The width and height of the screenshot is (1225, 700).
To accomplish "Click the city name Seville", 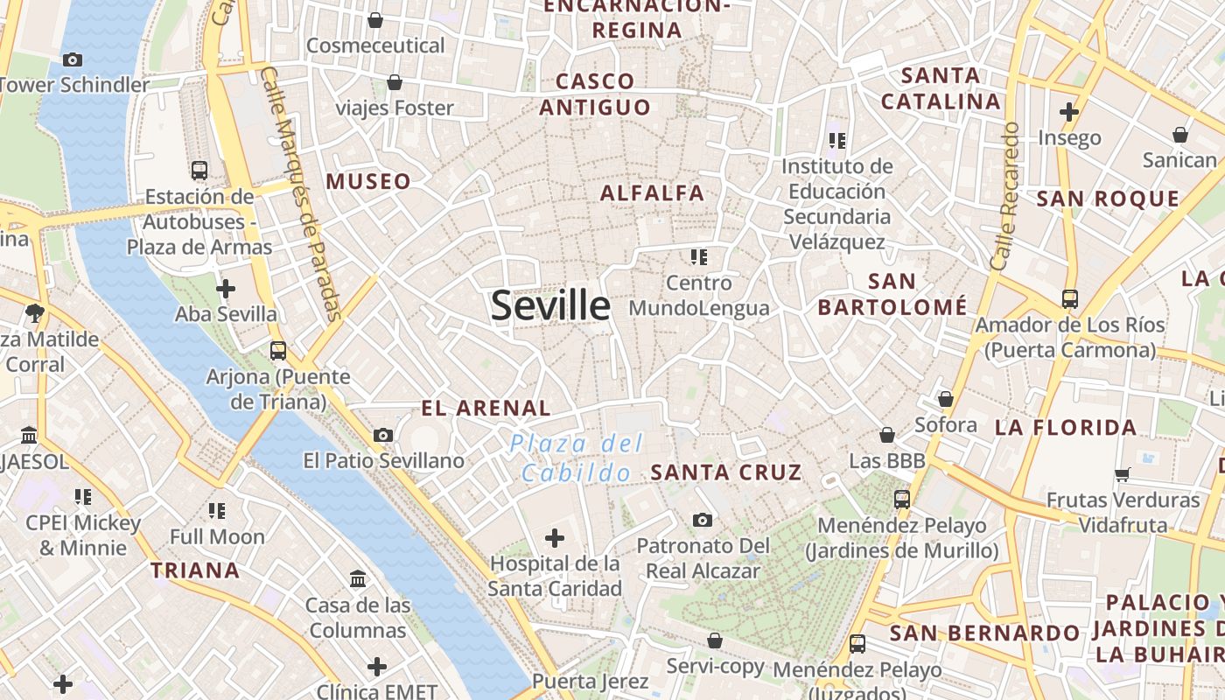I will pyautogui.click(x=550, y=305).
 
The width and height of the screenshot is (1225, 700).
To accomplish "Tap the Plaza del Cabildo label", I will pyautogui.click(x=577, y=458).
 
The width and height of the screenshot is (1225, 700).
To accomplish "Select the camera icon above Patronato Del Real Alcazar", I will pyautogui.click(x=702, y=521).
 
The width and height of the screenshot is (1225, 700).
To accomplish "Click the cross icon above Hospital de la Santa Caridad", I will pyautogui.click(x=555, y=537).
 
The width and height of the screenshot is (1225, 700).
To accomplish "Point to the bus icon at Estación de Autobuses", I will pyautogui.click(x=199, y=170).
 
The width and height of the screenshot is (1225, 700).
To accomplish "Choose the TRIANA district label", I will pyautogui.click(x=194, y=570).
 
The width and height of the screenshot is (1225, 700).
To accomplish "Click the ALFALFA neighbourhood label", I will pyautogui.click(x=652, y=193).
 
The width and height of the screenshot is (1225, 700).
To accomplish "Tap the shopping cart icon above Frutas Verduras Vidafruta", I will pyautogui.click(x=1123, y=475).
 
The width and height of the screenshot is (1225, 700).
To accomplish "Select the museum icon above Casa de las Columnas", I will pyautogui.click(x=358, y=579).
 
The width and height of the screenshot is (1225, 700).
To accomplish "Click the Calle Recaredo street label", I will pyautogui.click(x=1005, y=196).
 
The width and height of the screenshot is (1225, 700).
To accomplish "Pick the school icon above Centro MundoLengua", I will pyautogui.click(x=698, y=257).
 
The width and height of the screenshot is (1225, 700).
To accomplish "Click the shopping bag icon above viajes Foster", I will pyautogui.click(x=395, y=83).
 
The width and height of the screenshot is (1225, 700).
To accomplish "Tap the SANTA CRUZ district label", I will pyautogui.click(x=726, y=472).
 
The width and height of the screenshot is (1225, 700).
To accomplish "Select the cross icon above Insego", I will pyautogui.click(x=1068, y=112).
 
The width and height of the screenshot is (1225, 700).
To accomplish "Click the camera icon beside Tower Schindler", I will pyautogui.click(x=73, y=59).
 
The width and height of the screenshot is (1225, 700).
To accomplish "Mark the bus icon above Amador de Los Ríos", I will pyautogui.click(x=1069, y=299).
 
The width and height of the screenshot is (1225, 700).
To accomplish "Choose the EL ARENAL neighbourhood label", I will pyautogui.click(x=486, y=408).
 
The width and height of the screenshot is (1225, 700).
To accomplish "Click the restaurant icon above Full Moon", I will pyautogui.click(x=217, y=510).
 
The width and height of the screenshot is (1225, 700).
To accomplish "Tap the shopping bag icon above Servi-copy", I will pyautogui.click(x=715, y=640).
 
